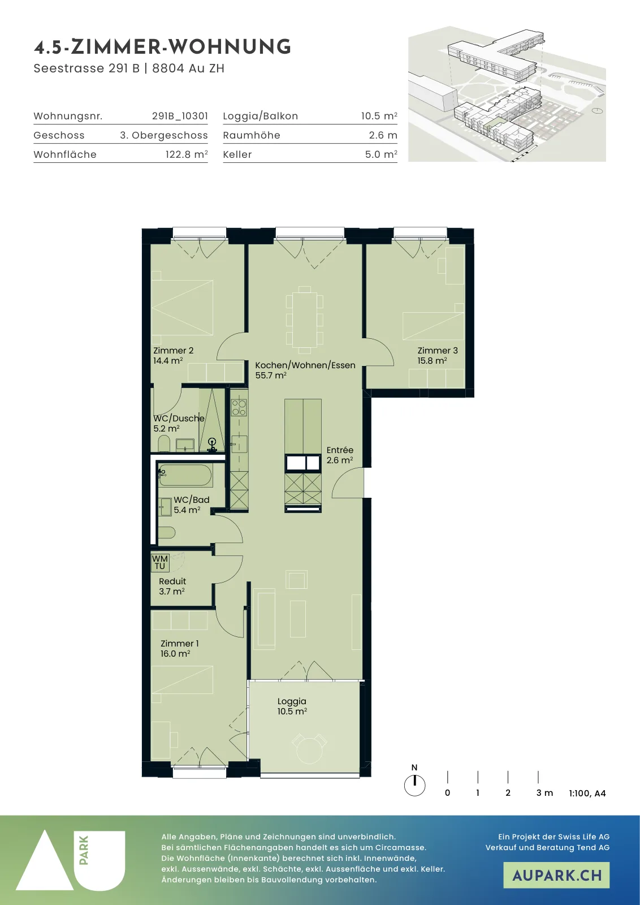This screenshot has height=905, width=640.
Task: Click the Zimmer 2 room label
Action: point(173,351)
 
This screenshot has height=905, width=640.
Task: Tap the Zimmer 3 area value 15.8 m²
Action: point(432,361)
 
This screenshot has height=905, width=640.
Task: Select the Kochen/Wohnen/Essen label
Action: point(305,365)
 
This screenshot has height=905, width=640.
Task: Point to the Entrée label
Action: point(340,450)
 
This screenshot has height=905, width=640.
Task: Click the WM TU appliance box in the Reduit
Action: point(160,562)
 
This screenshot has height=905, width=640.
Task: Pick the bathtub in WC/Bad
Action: point(185,475)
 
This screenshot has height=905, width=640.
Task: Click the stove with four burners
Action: point(239,407)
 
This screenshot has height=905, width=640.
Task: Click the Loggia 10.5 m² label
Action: point(292,706)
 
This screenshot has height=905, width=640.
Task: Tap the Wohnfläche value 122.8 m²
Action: point(187,154)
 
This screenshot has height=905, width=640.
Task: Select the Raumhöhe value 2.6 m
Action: point(383,135)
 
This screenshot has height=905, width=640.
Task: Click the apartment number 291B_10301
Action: point(180,117)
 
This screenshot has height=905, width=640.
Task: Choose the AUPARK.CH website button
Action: point(556,875)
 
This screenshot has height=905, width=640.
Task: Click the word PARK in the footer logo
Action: point(84,851)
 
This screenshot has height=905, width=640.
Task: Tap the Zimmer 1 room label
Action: point(180,644)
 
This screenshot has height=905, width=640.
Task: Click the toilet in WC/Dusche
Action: point(164,443)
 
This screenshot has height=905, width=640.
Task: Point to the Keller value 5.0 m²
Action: point(381,154)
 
